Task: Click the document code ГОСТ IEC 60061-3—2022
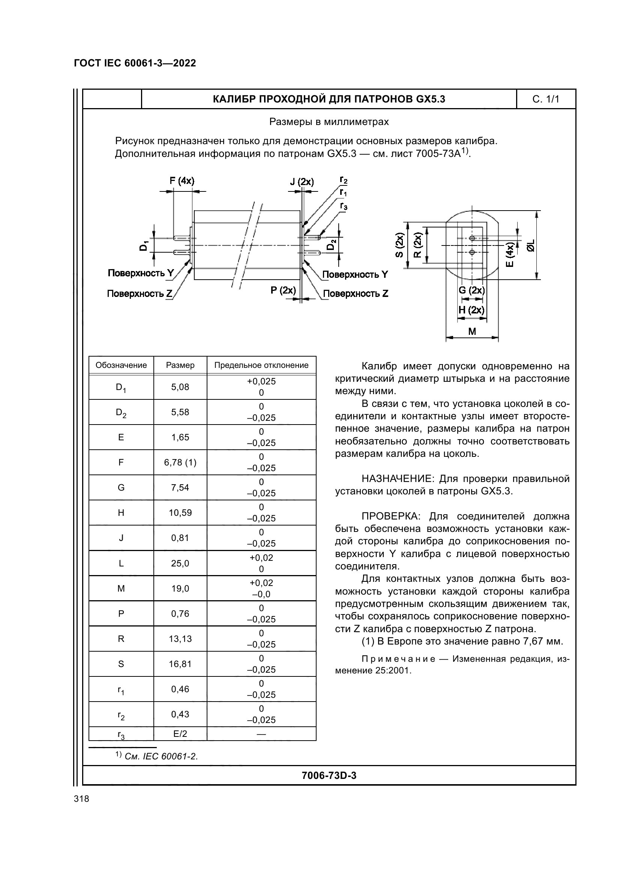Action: [x=135, y=63]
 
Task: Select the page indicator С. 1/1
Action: [x=545, y=99]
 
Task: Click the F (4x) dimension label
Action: [x=182, y=181]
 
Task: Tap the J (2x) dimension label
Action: [x=302, y=182]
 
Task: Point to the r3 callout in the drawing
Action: [x=344, y=206]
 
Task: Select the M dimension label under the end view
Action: [x=472, y=331]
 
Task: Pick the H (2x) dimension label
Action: [x=471, y=310]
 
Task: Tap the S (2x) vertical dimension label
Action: [x=399, y=245]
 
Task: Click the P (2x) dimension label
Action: [x=283, y=290]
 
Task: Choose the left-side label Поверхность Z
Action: [x=140, y=294]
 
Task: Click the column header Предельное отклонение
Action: [x=261, y=365]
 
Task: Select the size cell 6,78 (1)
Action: [x=180, y=463]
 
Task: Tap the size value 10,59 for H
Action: [x=180, y=513]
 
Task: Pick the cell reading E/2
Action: [x=180, y=734]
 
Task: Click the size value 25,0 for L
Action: [x=180, y=563]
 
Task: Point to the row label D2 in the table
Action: [x=121, y=413]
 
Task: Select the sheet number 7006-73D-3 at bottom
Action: [x=329, y=776]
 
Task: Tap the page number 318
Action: [x=81, y=799]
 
